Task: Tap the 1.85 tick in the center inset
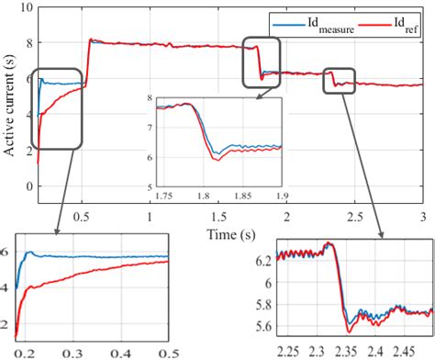[x=245, y=195]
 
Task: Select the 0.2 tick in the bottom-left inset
[x=17, y=352]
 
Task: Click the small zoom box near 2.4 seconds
[x=339, y=81]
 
